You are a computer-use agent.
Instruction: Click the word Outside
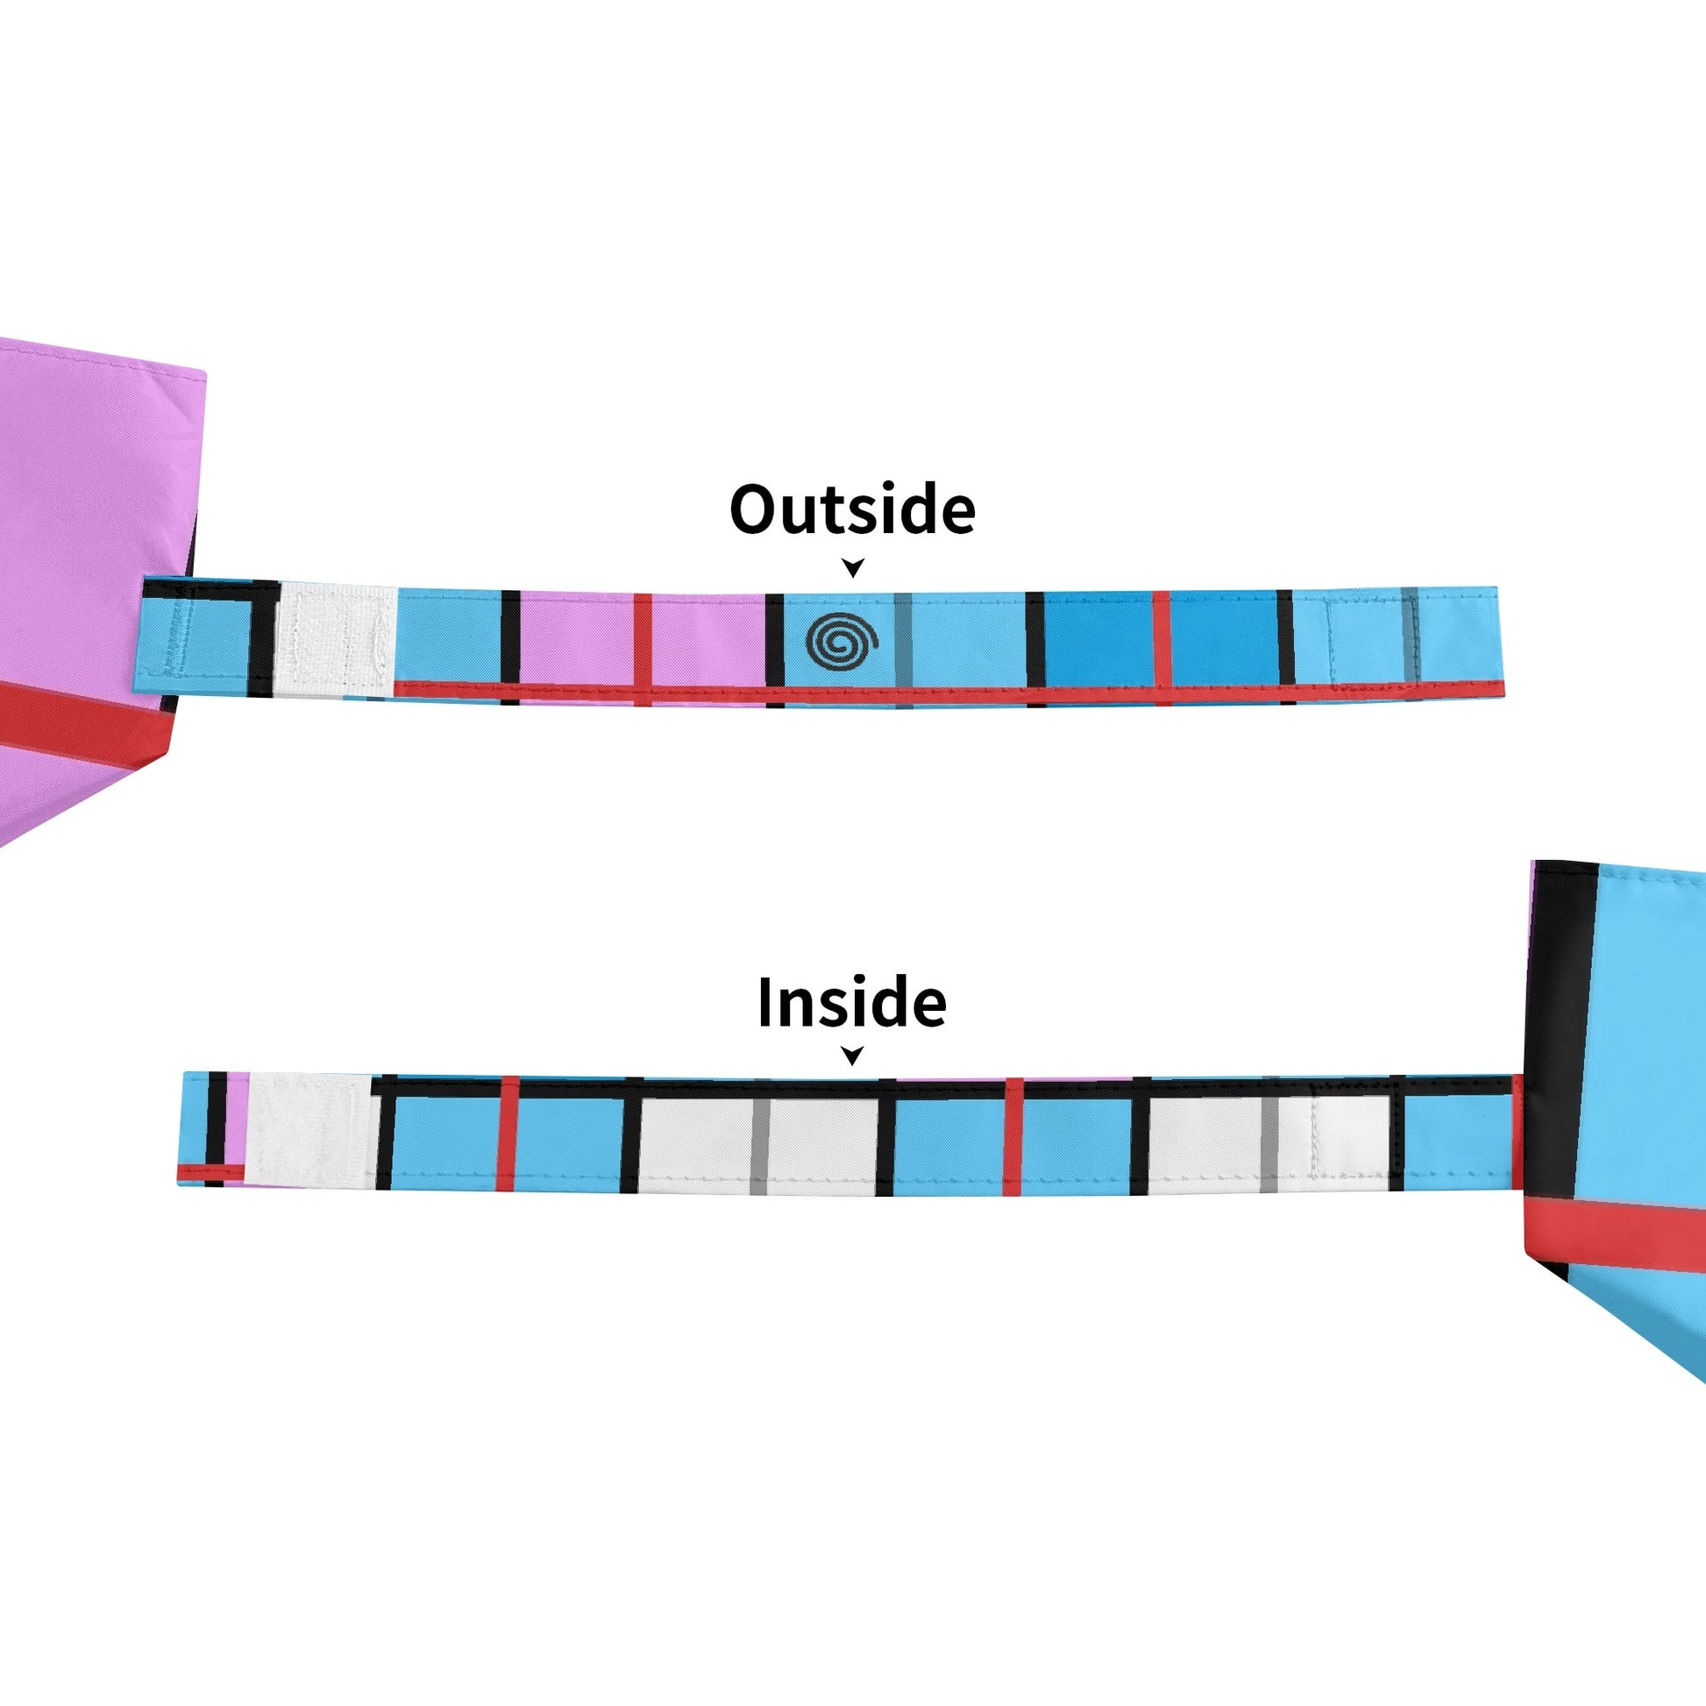pyautogui.click(x=852, y=509)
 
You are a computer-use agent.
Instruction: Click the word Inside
pyautogui.click(x=852, y=1003)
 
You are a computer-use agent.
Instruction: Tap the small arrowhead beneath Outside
pyautogui.click(x=852, y=567)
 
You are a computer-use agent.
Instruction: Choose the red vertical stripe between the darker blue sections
pyautogui.click(x=1162, y=640)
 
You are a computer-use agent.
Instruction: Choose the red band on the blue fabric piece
pyautogui.click(x=1616, y=1233)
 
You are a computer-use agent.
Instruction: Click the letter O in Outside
pyautogui.click(x=753, y=509)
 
